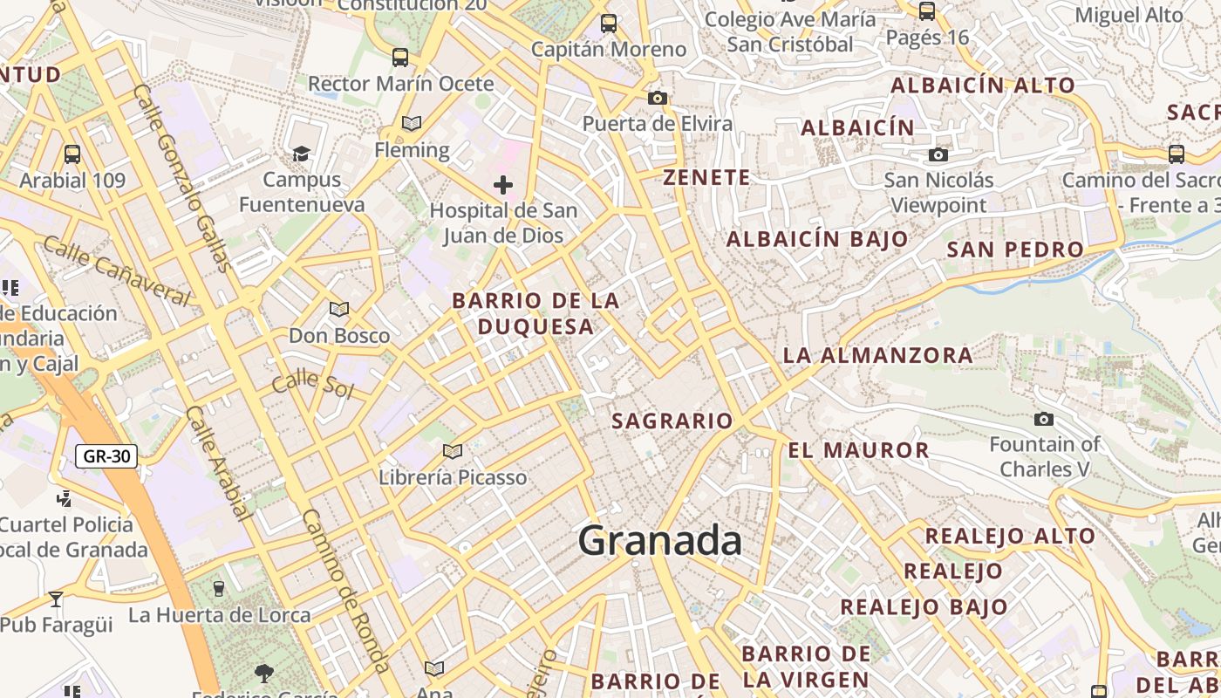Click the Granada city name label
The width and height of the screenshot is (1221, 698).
coord(660,541)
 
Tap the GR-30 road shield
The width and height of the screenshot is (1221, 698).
coord(106,455)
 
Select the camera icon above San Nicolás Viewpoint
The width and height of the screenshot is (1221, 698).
coord(938,154)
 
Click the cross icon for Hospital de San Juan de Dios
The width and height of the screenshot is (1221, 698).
coord(503,184)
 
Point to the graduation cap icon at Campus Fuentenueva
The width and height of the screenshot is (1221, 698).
coord(301,154)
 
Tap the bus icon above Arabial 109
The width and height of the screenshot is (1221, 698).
coord(72,154)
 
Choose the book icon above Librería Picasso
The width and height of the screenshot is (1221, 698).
coord(452,451)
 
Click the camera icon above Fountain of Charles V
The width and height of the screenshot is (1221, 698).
coord(1043,419)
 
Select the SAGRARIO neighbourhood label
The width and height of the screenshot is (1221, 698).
coord(672,421)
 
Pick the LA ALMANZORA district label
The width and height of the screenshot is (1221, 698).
coord(877,355)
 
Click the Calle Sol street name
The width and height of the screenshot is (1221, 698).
coord(312,384)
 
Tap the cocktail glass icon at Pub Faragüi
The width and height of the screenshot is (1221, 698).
coord(56,599)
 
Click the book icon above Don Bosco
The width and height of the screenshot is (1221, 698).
coord(339,309)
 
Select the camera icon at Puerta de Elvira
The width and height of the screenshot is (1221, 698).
coord(658,98)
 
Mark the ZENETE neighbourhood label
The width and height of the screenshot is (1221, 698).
coord(706,178)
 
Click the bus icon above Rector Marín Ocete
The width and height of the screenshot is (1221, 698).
coord(400,58)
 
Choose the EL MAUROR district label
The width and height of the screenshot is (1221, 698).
coord(858,451)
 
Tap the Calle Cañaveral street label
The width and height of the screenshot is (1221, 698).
coord(116,270)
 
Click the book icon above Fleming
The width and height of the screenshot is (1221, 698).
coord(412,124)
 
